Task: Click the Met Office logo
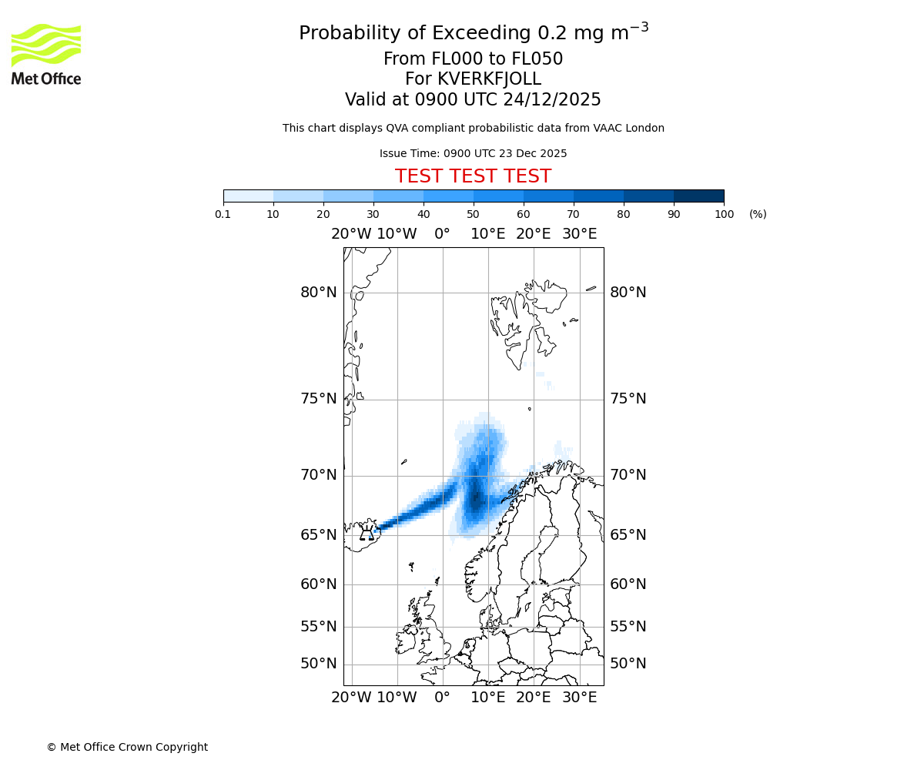click(46, 54)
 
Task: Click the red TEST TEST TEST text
click(473, 176)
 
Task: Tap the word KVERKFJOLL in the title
click(489, 79)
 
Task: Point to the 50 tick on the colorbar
click(474, 214)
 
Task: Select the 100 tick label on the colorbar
click(724, 214)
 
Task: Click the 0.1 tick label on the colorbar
click(223, 214)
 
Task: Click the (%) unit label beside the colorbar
click(758, 214)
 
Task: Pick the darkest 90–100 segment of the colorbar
click(698, 196)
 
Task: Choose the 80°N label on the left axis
click(319, 293)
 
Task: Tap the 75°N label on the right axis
click(628, 399)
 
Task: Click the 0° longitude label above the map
click(442, 234)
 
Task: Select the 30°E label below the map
click(579, 698)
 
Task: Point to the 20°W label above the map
click(351, 234)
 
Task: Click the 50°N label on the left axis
click(319, 664)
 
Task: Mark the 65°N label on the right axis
click(628, 535)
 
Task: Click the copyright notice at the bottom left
click(127, 747)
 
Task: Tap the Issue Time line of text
click(473, 153)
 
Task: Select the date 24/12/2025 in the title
click(552, 100)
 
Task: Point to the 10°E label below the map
click(488, 698)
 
